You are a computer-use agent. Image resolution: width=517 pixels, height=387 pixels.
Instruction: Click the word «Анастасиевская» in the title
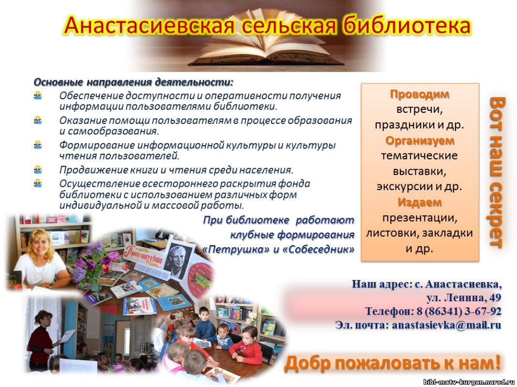150,25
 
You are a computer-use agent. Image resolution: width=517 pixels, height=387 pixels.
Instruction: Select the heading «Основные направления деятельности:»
134,82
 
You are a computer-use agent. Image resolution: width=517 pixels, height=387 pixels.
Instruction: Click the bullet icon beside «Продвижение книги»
38,170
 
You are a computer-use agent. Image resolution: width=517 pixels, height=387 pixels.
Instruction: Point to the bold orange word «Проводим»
419,94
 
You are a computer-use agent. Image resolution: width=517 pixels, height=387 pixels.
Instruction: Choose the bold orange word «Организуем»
420,141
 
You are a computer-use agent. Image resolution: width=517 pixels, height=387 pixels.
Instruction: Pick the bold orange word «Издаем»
419,202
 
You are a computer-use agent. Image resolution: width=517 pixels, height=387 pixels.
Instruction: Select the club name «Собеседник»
317,249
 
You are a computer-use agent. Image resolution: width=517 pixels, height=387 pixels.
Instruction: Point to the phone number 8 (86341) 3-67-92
458,311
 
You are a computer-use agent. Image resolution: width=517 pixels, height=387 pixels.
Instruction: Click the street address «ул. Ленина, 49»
464,298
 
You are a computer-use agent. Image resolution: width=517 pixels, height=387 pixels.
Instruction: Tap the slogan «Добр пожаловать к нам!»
393,362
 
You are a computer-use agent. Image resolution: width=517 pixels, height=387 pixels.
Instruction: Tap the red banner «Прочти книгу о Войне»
143,255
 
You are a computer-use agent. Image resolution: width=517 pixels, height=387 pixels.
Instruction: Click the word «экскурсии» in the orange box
404,186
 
